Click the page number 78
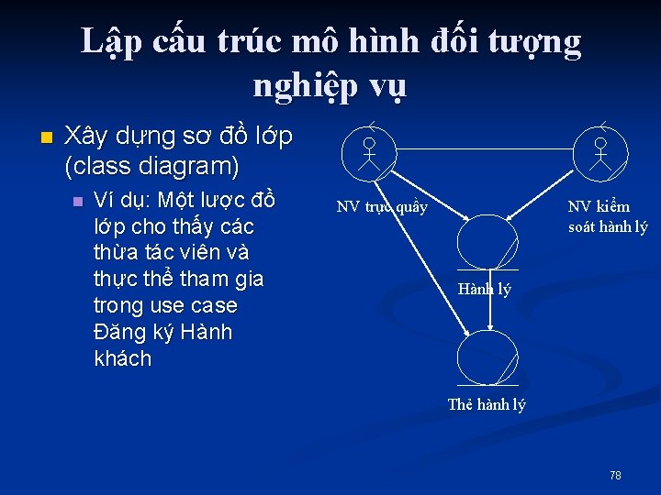click(x=615, y=475)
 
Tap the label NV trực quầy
click(x=382, y=207)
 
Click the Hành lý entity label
click(x=484, y=291)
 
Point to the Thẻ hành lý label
click(x=487, y=404)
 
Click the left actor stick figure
click(x=368, y=154)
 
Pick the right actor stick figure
click(x=600, y=154)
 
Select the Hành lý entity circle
click(x=487, y=243)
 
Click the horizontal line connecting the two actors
click(x=484, y=148)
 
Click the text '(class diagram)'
click(x=152, y=167)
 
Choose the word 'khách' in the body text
click(x=123, y=358)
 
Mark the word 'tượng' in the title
click(x=534, y=40)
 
